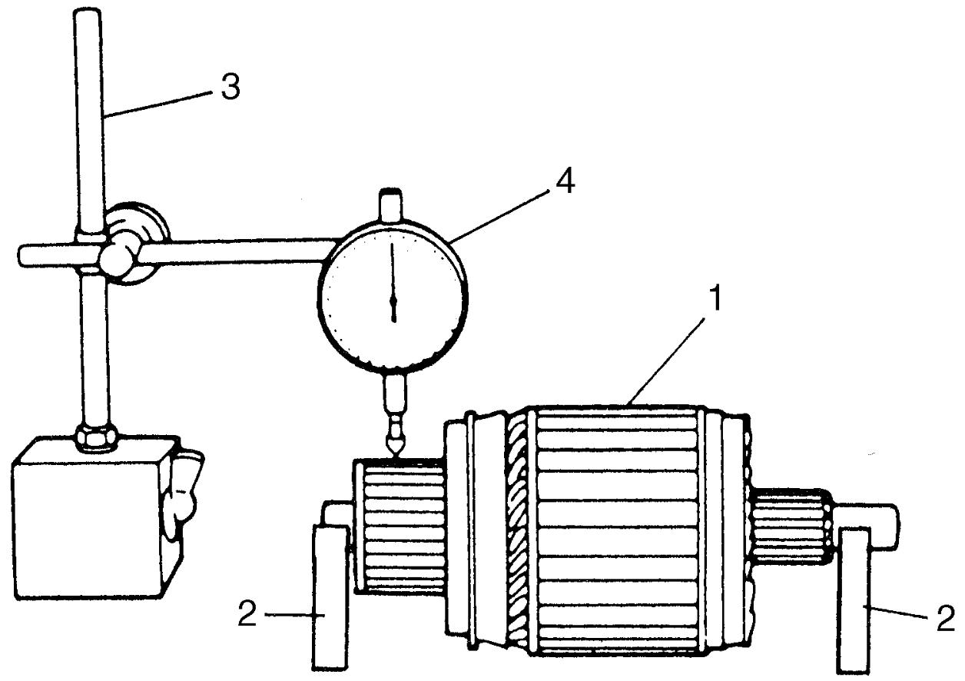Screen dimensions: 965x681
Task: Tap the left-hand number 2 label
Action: pyautogui.click(x=247, y=614)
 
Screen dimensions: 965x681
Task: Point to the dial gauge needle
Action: pyautogui.click(x=393, y=282)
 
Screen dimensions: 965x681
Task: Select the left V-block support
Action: pyautogui.click(x=330, y=596)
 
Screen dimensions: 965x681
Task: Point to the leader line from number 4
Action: pyautogui.click(x=499, y=214)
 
